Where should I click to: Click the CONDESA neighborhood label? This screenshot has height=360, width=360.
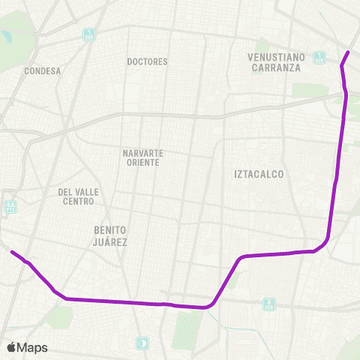tap(42, 71)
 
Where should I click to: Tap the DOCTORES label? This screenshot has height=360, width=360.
tap(148, 61)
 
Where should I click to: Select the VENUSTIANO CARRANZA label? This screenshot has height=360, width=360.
tap(274, 62)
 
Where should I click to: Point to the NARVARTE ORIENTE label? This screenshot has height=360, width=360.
tap(143, 158)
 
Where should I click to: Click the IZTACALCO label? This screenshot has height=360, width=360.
tap(259, 174)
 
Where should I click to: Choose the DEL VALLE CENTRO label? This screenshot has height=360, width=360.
tap(79, 196)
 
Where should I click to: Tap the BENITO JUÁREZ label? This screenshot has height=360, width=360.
tap(110, 235)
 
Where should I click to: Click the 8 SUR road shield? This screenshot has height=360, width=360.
tap(268, 304)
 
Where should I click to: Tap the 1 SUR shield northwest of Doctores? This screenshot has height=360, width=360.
tap(88, 34)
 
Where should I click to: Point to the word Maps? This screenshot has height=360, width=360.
tap(33, 347)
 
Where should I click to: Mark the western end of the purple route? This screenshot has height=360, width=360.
tap(11, 251)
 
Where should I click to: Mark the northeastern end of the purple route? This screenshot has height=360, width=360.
tap(349, 52)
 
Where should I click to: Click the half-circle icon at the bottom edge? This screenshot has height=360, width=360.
tap(142, 343)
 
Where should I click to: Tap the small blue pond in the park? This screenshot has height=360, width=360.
tap(7, 35)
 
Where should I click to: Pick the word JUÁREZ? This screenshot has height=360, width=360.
tap(110, 241)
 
